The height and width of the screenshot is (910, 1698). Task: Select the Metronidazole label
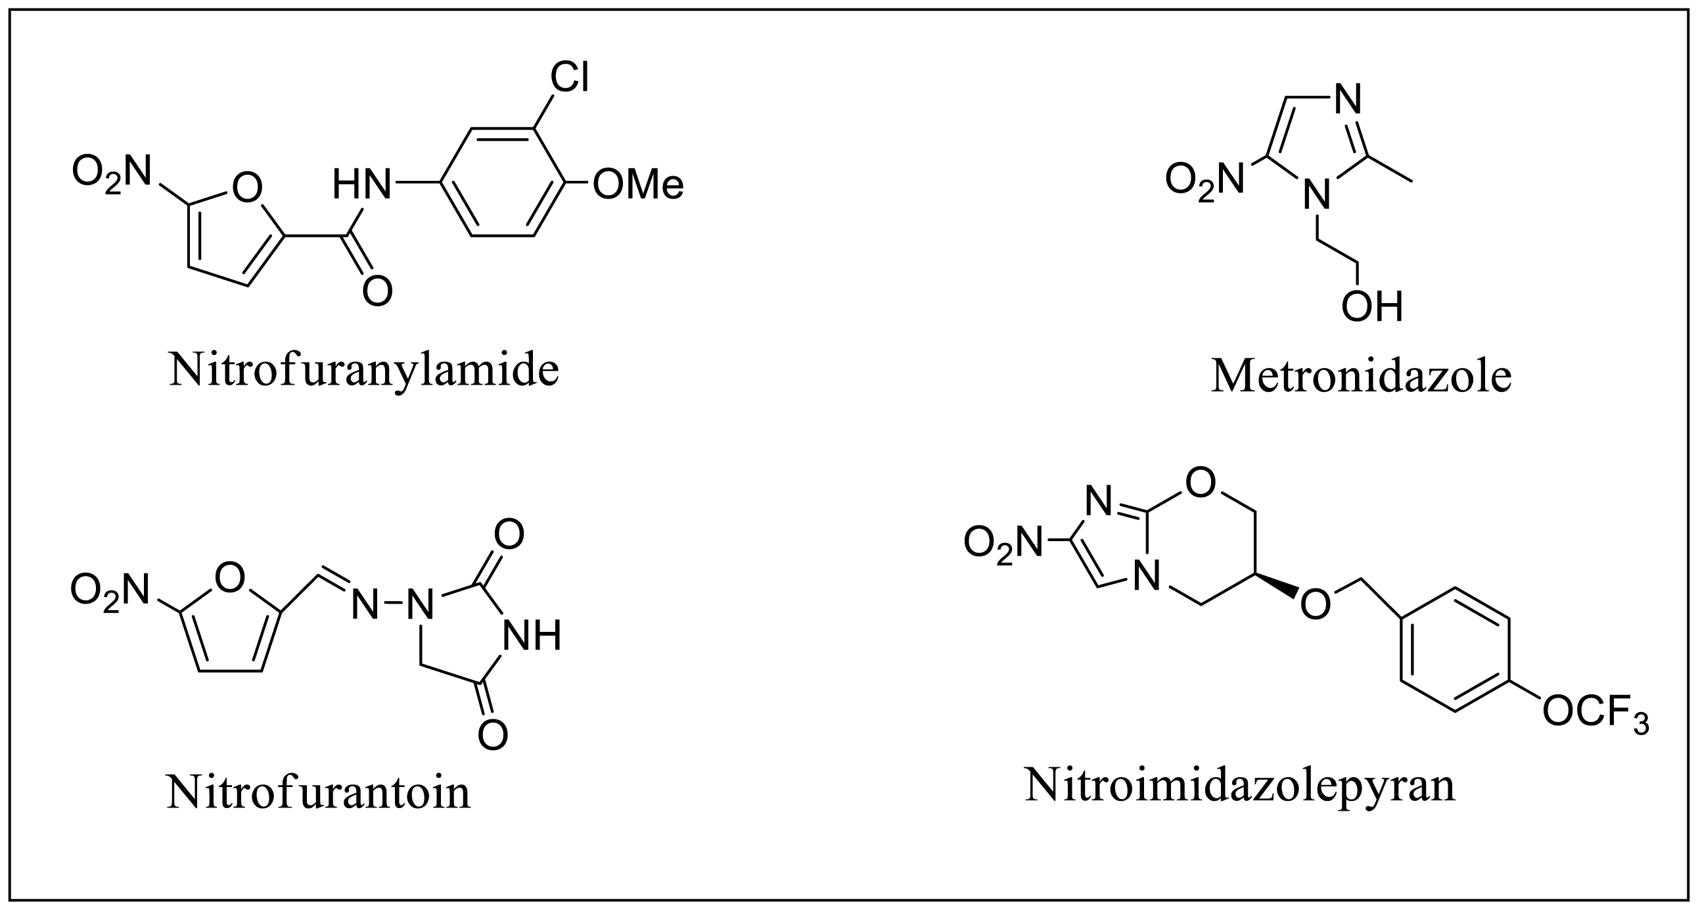pyautogui.click(x=1361, y=377)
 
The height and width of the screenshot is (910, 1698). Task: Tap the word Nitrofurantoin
pyautogui.click(x=319, y=792)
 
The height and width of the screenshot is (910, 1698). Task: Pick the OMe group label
pyautogui.click(x=638, y=185)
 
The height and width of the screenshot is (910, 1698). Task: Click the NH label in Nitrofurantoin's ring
pyautogui.click(x=532, y=636)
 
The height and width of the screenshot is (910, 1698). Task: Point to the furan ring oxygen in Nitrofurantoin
pyautogui.click(x=229, y=579)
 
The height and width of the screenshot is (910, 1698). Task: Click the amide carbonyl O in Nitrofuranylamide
pyautogui.click(x=378, y=291)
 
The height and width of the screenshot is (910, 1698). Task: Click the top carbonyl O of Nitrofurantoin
pyautogui.click(x=509, y=535)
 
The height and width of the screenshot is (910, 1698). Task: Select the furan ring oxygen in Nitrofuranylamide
pyautogui.click(x=247, y=188)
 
